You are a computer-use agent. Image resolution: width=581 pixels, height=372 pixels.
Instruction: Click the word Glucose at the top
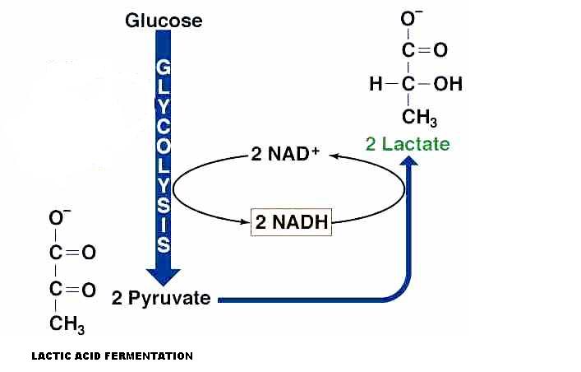[x=164, y=20]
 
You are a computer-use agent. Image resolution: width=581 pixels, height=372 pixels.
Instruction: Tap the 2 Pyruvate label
[x=161, y=298]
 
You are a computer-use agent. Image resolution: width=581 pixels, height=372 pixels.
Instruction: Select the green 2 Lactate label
[x=408, y=144]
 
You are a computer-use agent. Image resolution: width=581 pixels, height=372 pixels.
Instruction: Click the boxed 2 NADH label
[x=291, y=222]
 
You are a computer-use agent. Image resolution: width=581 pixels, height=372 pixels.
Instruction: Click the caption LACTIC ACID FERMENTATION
[x=112, y=356]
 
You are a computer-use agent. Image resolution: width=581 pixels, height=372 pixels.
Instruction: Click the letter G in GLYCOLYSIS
[x=164, y=66]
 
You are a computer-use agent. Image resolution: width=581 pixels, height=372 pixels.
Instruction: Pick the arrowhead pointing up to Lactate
[x=408, y=160]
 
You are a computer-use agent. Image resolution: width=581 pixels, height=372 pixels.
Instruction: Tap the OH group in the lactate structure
[x=448, y=84]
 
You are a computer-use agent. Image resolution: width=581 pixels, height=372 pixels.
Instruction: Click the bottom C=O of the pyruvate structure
[x=72, y=290]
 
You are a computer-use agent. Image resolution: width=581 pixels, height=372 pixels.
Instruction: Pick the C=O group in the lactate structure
[x=424, y=51]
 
